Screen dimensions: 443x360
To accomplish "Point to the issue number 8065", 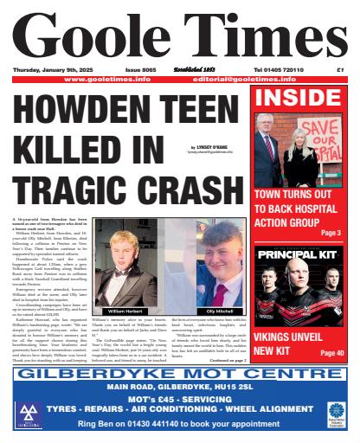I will [x=139, y=69].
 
